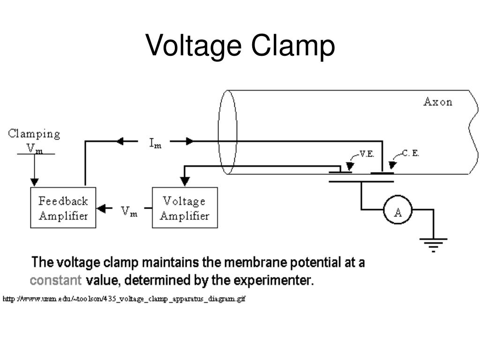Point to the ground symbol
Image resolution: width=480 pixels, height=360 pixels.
click(434, 245)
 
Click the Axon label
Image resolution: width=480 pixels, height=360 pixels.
click(438, 102)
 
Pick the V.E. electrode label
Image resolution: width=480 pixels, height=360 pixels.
click(367, 154)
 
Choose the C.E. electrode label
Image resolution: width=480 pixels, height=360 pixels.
click(410, 153)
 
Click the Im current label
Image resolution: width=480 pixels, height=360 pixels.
click(155, 143)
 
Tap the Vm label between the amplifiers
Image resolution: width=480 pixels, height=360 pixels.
click(129, 211)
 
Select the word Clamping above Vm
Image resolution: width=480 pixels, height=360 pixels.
click(34, 134)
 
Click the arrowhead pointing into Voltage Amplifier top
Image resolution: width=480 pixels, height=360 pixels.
click(185, 181)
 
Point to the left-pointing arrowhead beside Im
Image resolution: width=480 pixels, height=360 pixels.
click(120, 141)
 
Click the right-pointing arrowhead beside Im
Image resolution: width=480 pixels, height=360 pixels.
click(190, 141)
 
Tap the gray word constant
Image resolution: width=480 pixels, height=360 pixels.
click(56, 280)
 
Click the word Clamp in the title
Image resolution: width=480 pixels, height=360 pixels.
click(293, 46)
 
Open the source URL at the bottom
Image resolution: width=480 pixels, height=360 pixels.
click(124, 299)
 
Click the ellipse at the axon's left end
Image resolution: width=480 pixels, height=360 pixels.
click(218, 132)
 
